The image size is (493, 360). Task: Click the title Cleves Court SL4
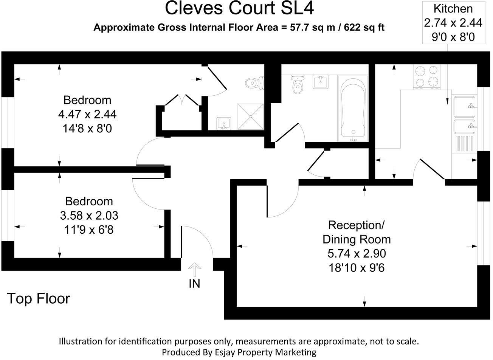click(239, 9)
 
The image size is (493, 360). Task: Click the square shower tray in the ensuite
click(250, 116)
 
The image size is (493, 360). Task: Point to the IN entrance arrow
click(194, 270)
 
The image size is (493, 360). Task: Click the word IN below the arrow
click(194, 284)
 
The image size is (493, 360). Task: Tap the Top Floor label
click(39, 299)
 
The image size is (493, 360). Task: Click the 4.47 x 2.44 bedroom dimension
click(87, 114)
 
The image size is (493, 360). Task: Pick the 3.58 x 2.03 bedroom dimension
click(89, 216)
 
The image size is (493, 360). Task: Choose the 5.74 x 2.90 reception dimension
click(357, 253)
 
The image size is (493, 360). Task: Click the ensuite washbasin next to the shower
click(224, 123)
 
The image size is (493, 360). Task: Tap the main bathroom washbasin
click(321, 82)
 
